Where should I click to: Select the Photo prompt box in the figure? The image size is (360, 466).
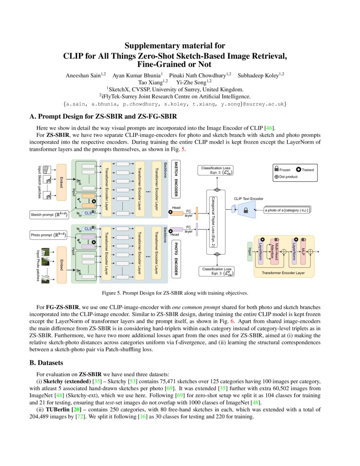coord(47,234)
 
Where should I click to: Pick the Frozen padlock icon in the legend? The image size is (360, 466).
coord(277,169)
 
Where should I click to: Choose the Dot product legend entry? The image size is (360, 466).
coord(289,176)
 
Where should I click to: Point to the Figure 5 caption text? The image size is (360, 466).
coord(175,293)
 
